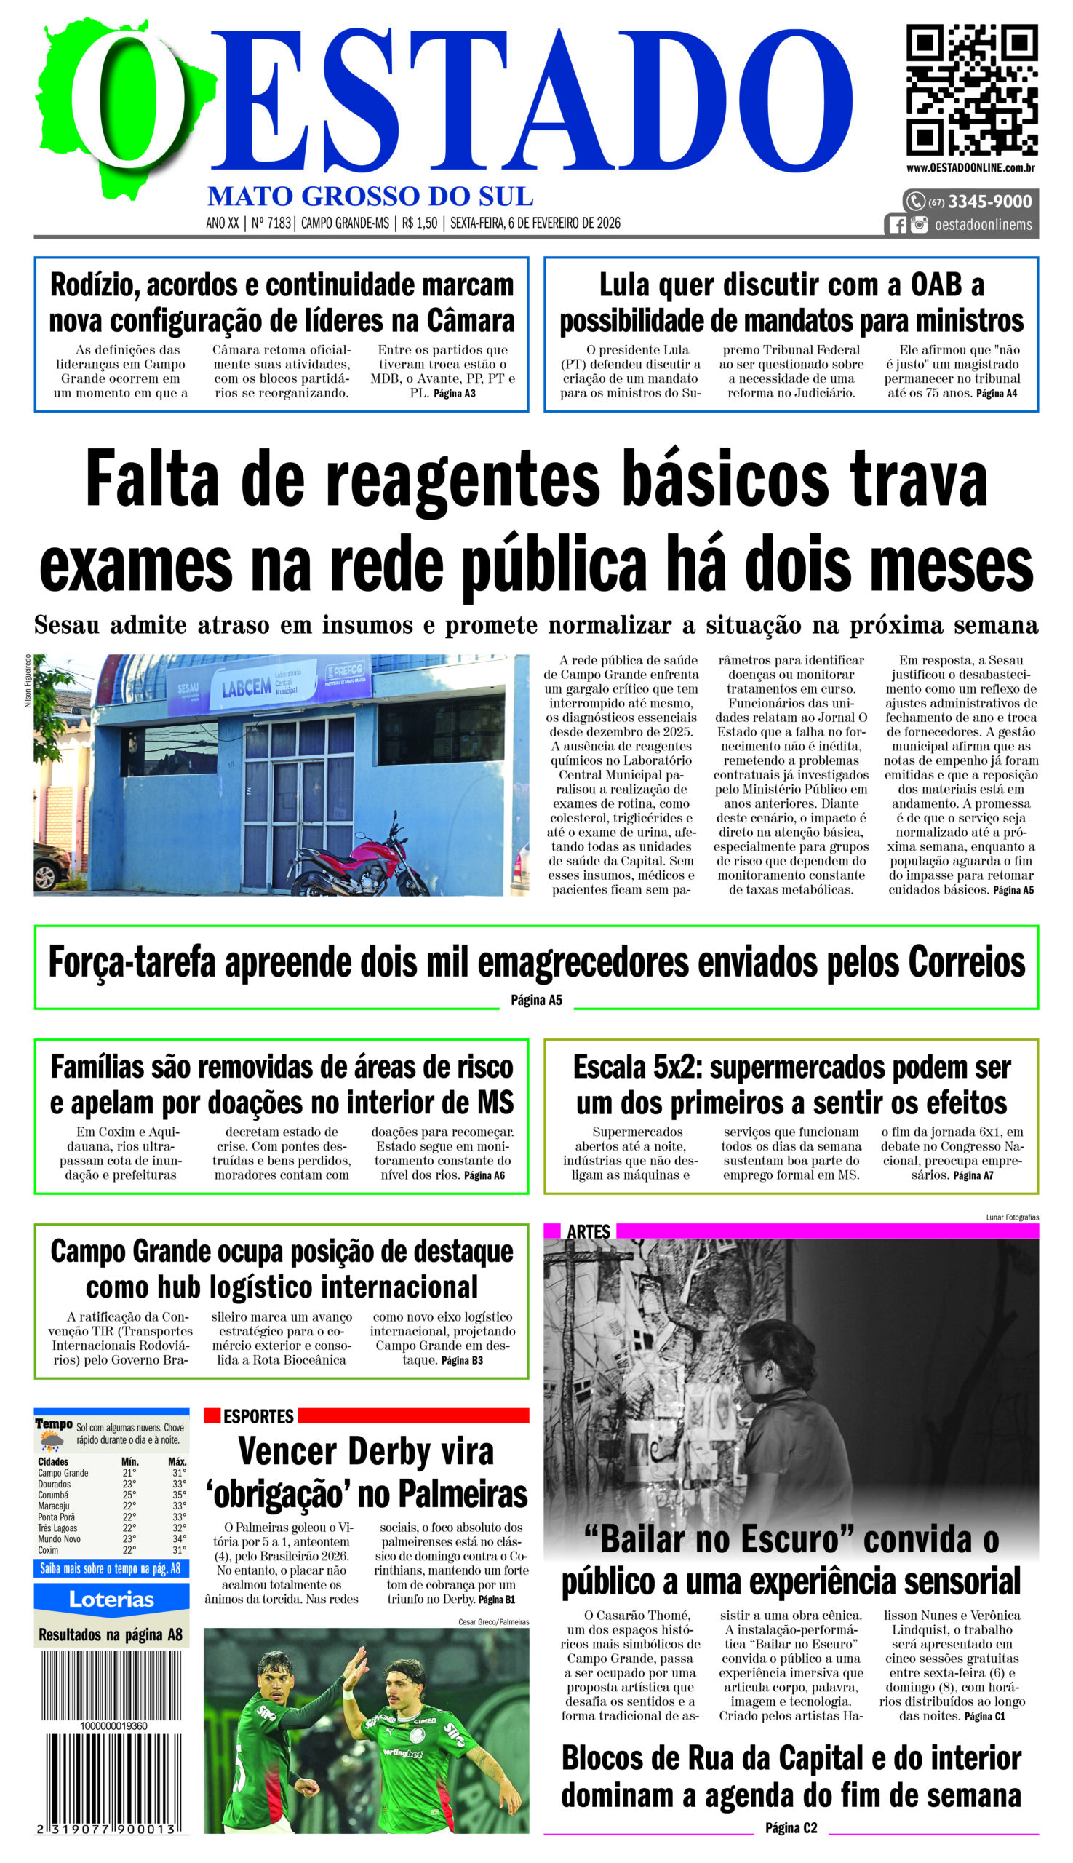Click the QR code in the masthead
(971, 90)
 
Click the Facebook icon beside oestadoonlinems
(897, 225)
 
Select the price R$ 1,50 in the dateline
(419, 223)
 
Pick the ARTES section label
(588, 1232)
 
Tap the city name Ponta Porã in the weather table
(57, 1517)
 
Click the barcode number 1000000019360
(113, 1726)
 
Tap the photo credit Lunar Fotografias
(1012, 1217)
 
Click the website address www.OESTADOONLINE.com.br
(970, 168)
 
